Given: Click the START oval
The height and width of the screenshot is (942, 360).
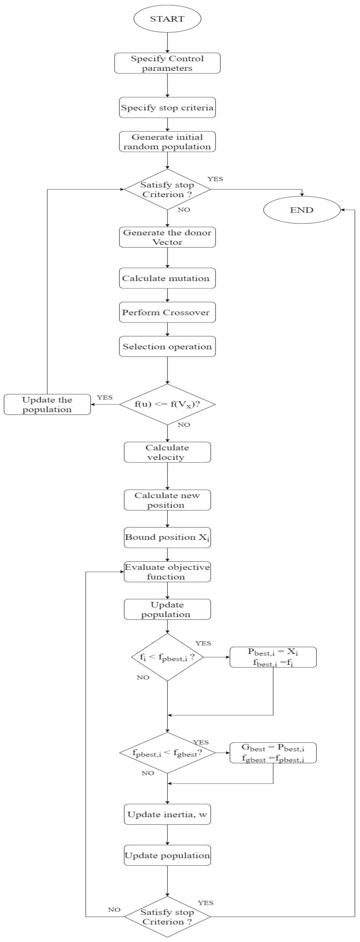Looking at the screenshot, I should [x=167, y=18].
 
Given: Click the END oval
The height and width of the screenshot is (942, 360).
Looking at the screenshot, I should [x=302, y=210].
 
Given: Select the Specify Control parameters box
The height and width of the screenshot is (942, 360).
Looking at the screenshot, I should [x=167, y=63].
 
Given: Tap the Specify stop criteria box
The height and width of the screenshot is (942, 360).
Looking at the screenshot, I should [x=167, y=108].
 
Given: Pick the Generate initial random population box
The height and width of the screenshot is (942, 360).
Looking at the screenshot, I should [x=167, y=141].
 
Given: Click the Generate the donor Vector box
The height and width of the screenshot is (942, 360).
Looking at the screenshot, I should [x=167, y=237].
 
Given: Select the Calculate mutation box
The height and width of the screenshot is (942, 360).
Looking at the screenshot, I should [x=167, y=278].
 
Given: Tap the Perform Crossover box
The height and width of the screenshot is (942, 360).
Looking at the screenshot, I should [x=167, y=312].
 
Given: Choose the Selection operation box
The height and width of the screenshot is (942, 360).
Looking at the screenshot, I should [x=167, y=346].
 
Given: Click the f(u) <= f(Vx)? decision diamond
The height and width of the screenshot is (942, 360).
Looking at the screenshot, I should [x=167, y=404].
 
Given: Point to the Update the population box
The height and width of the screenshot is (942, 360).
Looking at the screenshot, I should [x=47, y=404].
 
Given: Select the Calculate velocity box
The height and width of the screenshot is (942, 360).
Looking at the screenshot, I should [x=167, y=452].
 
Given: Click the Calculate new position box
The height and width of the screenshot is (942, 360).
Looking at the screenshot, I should [x=167, y=500].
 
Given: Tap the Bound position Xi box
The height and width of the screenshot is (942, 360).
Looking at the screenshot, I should [x=167, y=537].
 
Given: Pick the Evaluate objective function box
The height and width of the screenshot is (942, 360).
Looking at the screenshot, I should [x=167, y=572].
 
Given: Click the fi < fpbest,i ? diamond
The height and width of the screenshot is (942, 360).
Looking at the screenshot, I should [x=167, y=657].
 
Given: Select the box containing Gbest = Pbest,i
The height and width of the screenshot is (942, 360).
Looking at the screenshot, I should [x=273, y=752].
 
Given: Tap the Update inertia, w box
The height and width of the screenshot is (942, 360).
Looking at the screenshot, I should [x=167, y=814].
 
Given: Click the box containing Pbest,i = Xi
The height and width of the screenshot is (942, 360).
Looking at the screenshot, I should [x=273, y=657].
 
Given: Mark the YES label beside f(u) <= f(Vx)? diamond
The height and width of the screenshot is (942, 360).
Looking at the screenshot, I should [x=105, y=398].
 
